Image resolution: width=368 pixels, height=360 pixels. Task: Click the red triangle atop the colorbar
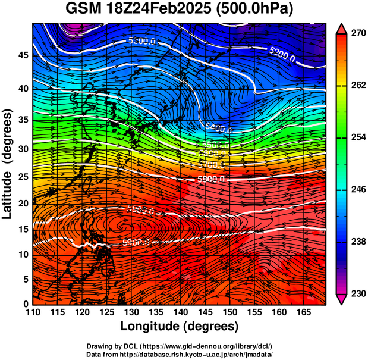[x=342, y=29]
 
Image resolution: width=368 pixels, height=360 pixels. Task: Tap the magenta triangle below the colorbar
[x=342, y=299]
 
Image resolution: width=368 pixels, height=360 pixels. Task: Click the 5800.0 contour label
[x=210, y=179]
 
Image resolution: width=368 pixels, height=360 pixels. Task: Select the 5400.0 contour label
[x=219, y=128]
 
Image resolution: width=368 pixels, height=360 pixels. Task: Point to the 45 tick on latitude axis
[x=22, y=55]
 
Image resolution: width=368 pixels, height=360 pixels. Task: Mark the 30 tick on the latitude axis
[x=22, y=149]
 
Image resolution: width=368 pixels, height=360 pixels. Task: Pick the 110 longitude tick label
[x=33, y=312]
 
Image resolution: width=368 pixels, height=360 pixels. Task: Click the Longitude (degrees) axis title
[x=180, y=326]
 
